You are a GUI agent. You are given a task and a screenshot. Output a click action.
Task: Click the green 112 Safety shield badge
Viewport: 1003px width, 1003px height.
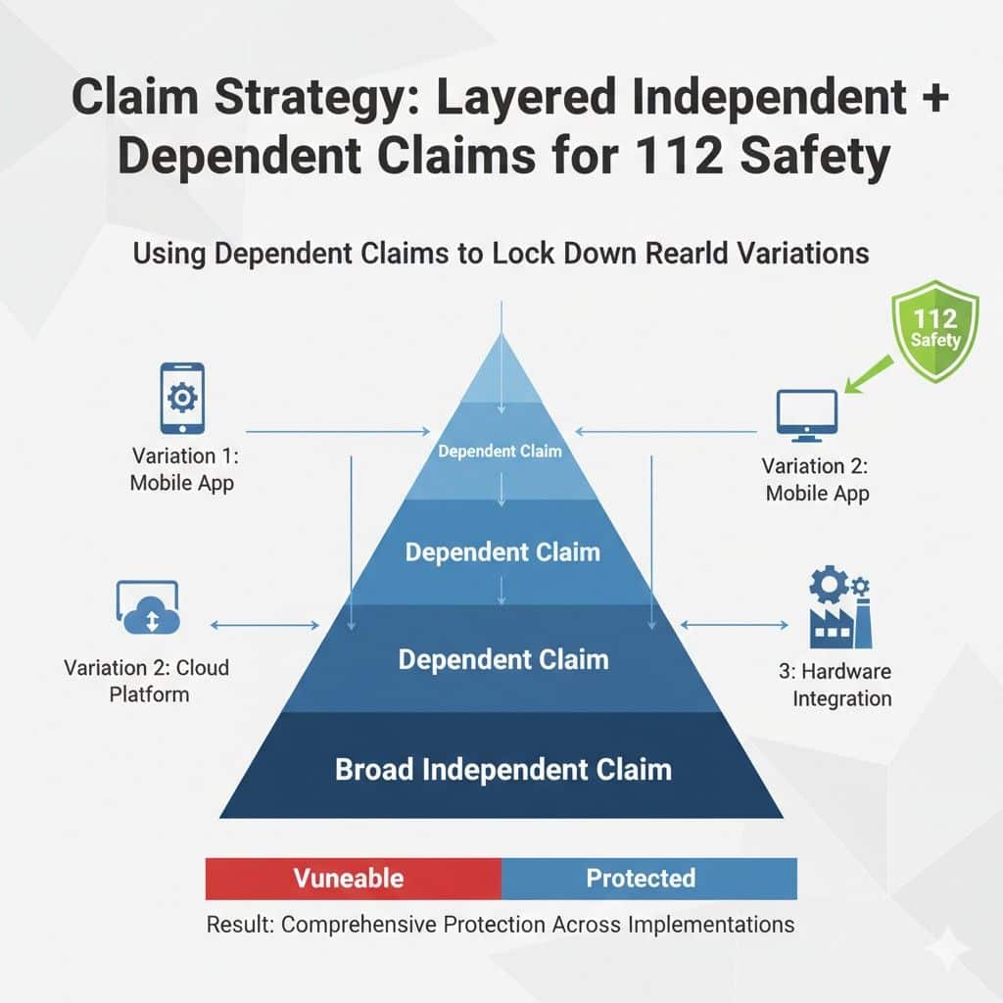coord(935,331)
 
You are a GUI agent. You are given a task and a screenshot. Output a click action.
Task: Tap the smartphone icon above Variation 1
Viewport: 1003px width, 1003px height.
coord(182,399)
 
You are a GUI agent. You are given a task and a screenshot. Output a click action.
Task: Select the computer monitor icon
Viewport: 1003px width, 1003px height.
coord(807,415)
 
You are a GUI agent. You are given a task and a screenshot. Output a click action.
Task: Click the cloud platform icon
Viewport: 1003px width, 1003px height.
coord(149,607)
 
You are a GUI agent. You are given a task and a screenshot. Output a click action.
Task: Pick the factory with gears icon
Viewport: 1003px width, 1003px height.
coord(839,606)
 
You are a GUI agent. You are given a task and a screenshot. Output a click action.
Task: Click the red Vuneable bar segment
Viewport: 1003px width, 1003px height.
coord(353,879)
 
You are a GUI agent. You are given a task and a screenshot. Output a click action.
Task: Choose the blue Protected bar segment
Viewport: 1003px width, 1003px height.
coord(649,879)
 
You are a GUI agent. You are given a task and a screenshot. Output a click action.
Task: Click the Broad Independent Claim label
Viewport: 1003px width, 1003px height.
coord(503,769)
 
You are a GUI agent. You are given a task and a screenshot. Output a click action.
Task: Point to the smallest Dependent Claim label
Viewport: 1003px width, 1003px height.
coord(501,451)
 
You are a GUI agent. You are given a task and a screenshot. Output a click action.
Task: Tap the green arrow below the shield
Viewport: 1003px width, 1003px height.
coord(869,374)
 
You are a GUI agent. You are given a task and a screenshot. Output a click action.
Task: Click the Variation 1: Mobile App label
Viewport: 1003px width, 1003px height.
coord(183,469)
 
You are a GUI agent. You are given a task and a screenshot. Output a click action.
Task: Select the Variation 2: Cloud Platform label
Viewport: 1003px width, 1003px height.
coord(147,682)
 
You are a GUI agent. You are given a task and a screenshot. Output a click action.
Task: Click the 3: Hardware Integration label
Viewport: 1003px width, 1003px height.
coord(836,685)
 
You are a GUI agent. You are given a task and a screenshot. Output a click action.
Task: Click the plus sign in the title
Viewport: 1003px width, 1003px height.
coord(935,98)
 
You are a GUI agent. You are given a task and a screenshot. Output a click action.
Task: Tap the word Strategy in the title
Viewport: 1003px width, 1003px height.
coord(317,98)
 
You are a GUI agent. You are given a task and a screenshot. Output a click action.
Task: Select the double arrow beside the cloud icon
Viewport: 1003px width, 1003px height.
coord(264,625)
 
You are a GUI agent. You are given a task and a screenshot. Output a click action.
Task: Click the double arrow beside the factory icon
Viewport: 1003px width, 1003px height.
coord(734,624)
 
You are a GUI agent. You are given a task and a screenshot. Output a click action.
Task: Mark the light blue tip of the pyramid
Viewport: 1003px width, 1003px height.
coord(501,368)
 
